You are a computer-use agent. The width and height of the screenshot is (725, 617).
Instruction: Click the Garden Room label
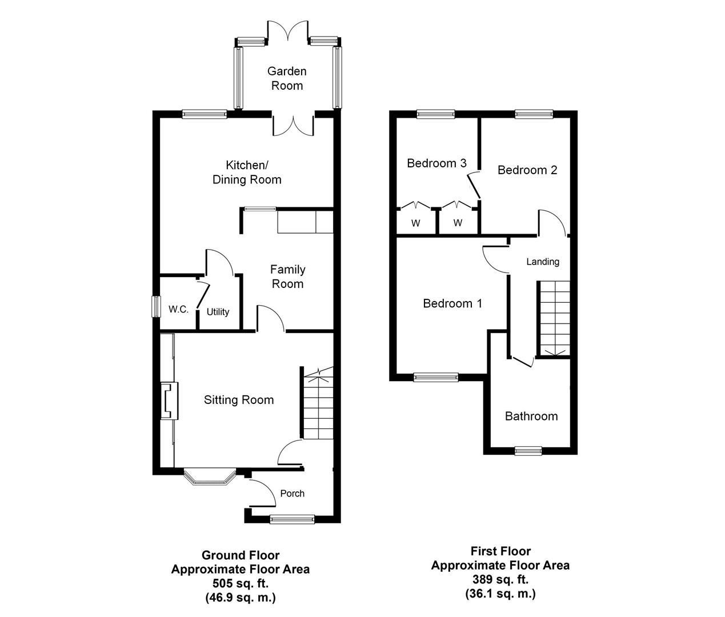[x=287, y=78]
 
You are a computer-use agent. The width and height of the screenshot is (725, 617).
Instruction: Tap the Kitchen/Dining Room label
[x=247, y=173]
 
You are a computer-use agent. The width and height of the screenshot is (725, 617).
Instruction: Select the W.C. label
[x=178, y=310]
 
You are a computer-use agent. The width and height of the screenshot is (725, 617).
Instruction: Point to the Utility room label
[x=218, y=312]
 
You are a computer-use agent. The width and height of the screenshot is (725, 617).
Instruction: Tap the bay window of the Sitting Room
[x=209, y=477]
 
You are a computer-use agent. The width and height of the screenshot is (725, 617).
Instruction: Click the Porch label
[x=292, y=494]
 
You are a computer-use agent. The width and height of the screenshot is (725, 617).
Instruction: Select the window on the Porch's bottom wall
[x=292, y=519]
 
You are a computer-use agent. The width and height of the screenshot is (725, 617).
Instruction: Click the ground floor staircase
[x=317, y=406]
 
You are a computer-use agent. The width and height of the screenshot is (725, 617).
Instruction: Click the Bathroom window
[x=528, y=451]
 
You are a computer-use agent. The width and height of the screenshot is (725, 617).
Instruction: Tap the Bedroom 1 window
[x=436, y=377]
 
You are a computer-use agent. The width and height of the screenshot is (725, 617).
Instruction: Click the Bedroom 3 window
[x=436, y=114]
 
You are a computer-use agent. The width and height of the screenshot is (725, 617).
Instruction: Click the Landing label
[x=542, y=262]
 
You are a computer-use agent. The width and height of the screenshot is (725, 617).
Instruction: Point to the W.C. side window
[x=155, y=306]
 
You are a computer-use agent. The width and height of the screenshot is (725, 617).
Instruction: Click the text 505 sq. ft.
[x=240, y=584]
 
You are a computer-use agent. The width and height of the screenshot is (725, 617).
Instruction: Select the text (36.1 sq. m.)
[x=500, y=594]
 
